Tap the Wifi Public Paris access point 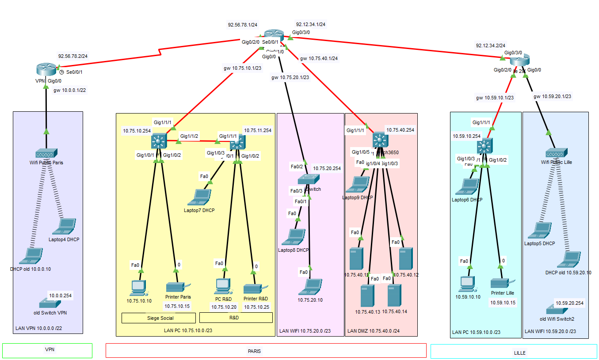click(x=46, y=153)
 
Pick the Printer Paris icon click(x=178, y=288)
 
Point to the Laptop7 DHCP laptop click(x=199, y=197)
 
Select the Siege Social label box click(x=158, y=318)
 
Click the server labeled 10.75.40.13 click(x=367, y=296)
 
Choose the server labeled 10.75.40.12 click(x=405, y=259)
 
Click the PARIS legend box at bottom click(x=266, y=351)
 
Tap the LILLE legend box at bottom click(x=513, y=352)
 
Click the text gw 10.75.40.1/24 click(x=319, y=58)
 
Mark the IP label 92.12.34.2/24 click(x=491, y=45)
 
